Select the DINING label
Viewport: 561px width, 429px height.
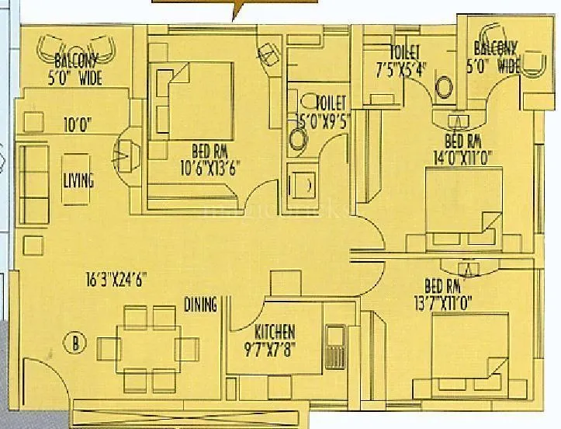[x=200, y=304]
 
